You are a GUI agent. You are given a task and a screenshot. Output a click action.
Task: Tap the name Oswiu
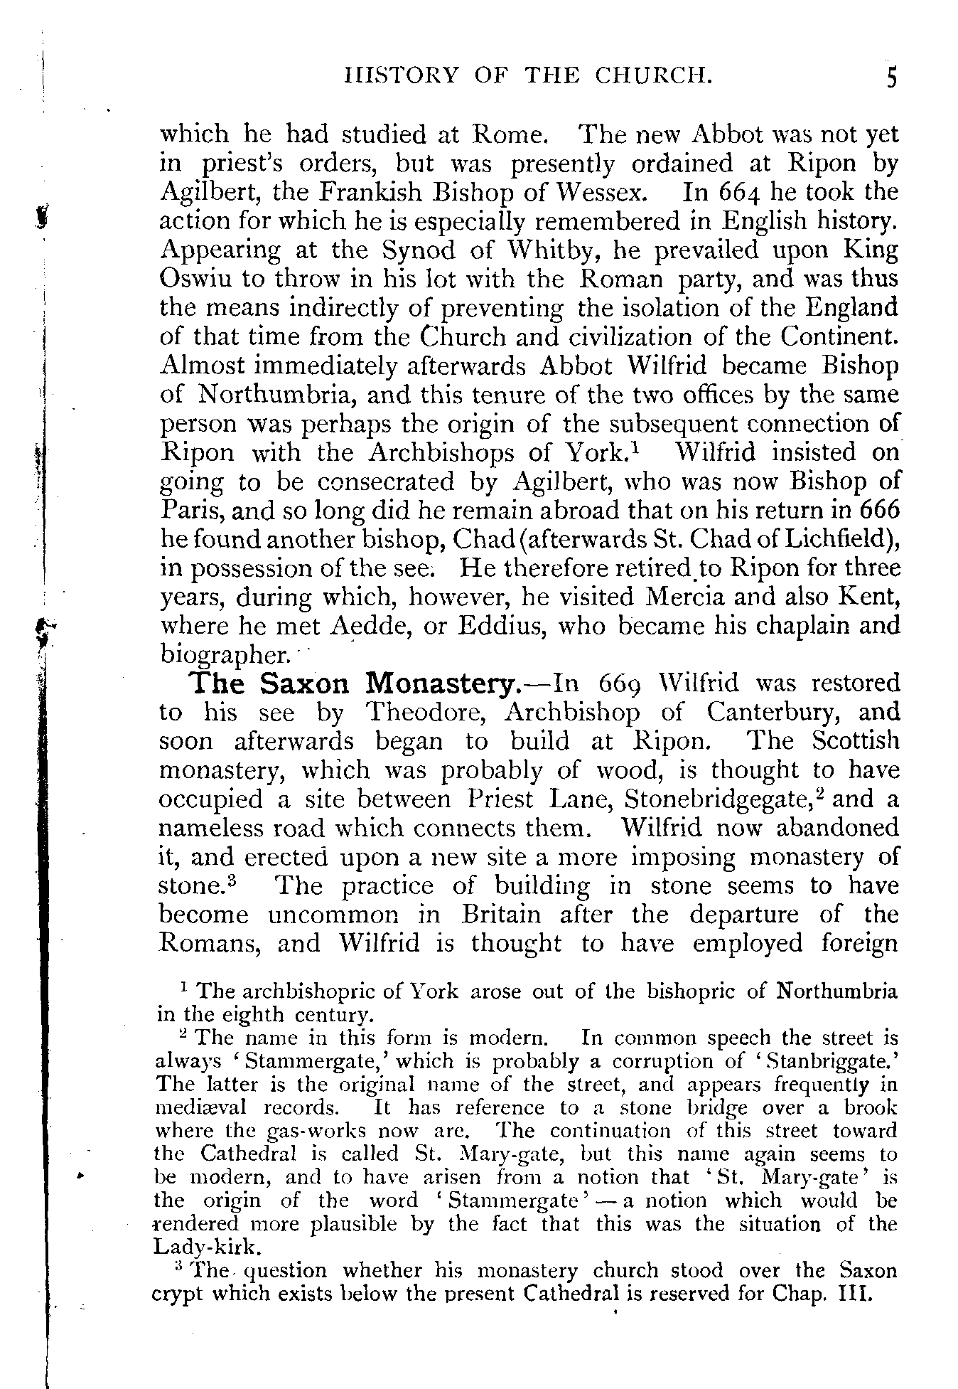[x=195, y=280]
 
